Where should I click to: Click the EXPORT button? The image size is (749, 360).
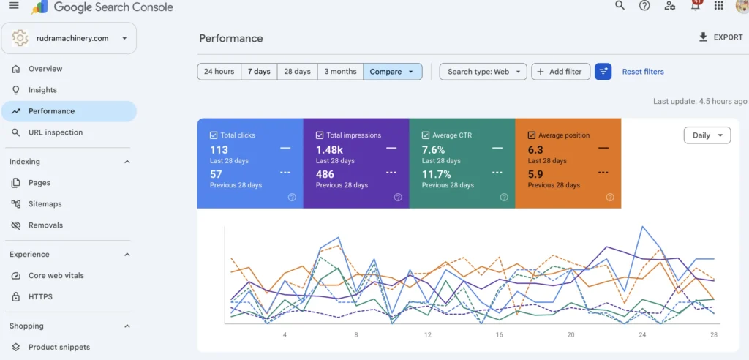pyautogui.click(x=720, y=37)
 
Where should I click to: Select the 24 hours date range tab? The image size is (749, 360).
pyautogui.click(x=219, y=72)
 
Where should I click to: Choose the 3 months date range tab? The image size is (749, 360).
pyautogui.click(x=341, y=72)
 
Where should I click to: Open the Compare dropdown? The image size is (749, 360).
pyautogui.click(x=393, y=72)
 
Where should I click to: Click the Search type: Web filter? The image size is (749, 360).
pyautogui.click(x=483, y=72)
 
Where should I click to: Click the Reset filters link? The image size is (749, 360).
pyautogui.click(x=643, y=72)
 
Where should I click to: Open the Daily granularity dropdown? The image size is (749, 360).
pyautogui.click(x=707, y=135)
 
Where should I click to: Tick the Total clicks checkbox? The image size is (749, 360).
pyautogui.click(x=214, y=135)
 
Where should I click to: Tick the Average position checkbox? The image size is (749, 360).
pyautogui.click(x=532, y=135)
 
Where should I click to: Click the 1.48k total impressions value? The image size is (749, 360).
pyautogui.click(x=329, y=150)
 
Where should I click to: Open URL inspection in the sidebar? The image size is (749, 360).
pyautogui.click(x=56, y=132)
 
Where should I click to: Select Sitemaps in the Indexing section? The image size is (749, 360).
pyautogui.click(x=45, y=204)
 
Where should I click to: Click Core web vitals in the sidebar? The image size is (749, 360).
pyautogui.click(x=56, y=276)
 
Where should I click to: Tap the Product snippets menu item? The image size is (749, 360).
pyautogui.click(x=59, y=347)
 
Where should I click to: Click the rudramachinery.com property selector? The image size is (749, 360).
pyautogui.click(x=69, y=38)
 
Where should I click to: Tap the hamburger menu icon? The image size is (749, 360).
pyautogui.click(x=14, y=5)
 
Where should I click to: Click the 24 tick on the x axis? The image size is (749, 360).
pyautogui.click(x=642, y=334)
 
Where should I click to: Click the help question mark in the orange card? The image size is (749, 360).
pyautogui.click(x=610, y=198)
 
